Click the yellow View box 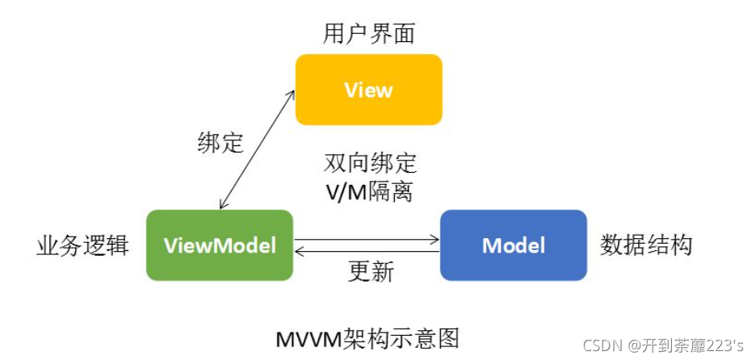[x=369, y=90]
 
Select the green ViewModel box [x=220, y=245]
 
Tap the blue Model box [x=514, y=245]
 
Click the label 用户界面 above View [x=369, y=34]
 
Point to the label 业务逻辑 [x=83, y=245]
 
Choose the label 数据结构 [x=646, y=245]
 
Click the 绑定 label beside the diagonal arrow [x=220, y=143]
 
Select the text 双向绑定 [x=369, y=164]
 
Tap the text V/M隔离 [x=370, y=193]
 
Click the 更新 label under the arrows [x=371, y=272]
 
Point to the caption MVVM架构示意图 [x=367, y=339]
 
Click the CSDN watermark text [x=663, y=345]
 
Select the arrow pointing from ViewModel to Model [x=367, y=240]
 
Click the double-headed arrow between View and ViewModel [x=257, y=149]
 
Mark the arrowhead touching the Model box [x=436, y=240]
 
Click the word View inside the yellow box [x=369, y=90]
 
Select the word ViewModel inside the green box [x=220, y=245]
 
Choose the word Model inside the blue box [x=514, y=245]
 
